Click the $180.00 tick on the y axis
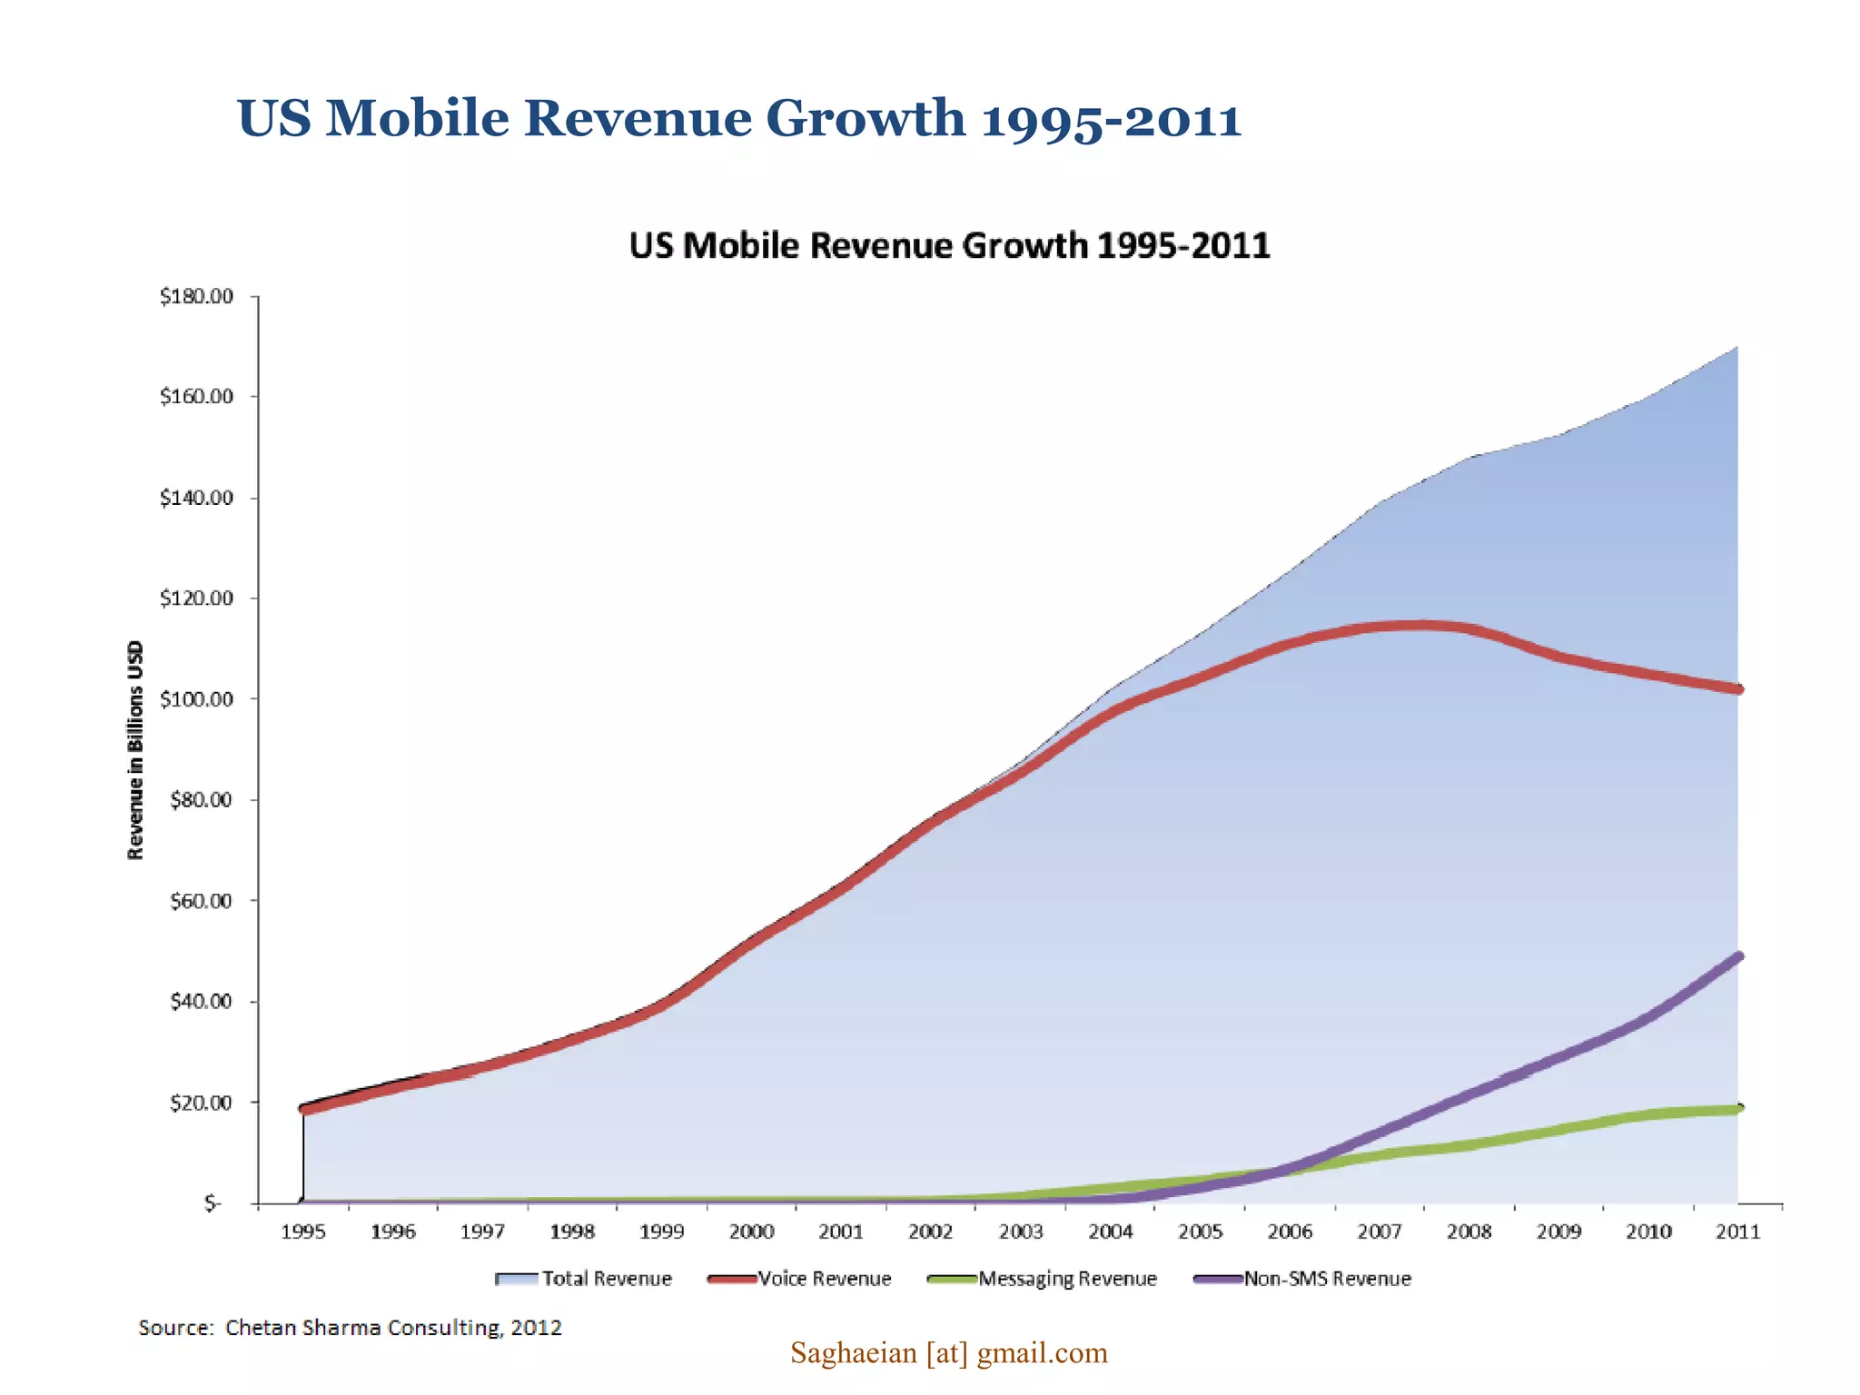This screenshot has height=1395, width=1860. pos(197,297)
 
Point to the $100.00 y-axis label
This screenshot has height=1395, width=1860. pos(197,699)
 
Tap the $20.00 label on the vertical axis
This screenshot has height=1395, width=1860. pos(201,1103)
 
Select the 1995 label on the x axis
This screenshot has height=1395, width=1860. pos(302,1232)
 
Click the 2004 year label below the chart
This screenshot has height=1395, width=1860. pos(1110,1232)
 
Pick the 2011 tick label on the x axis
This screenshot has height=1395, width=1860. pos(1737,1232)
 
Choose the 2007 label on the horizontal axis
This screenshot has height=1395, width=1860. pos(1379,1232)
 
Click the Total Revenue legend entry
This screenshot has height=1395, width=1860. pos(584,1279)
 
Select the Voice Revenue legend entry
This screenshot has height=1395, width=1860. pos(799,1279)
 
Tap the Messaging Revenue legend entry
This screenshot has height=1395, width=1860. pos(1043,1279)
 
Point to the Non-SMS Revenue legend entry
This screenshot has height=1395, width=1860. pos(1302,1279)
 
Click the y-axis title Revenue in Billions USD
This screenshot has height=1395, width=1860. pos(135,750)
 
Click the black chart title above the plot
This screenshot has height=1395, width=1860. pos(949,246)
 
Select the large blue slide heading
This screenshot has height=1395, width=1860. pos(738,119)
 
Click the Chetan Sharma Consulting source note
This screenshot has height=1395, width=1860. pos(350,1328)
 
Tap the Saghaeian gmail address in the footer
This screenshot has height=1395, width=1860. pos(948,1353)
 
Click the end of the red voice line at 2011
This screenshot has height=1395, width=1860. pos(1737,689)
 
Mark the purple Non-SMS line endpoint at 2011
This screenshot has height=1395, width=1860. pos(1737,957)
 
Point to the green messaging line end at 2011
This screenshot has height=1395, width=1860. pos(1737,1109)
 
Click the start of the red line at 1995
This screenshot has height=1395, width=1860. pos(304,1109)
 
